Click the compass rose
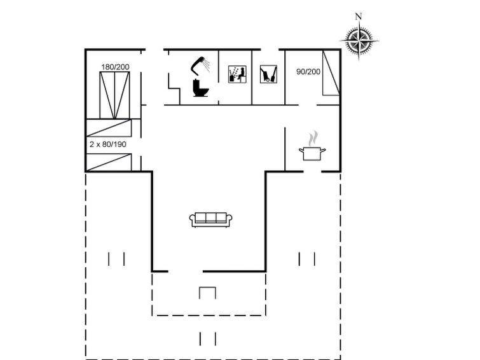pos(359,41)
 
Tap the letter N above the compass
pos(359,17)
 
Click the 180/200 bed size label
pos(115,67)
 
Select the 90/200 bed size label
pos(308,72)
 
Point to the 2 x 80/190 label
pos(107,144)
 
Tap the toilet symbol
pos(200,88)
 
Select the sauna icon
pos(237,74)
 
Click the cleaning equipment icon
pos(268,74)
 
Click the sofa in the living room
pos(210,220)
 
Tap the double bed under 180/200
pos(115,95)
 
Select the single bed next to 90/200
pos(331,73)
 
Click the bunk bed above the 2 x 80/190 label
pos(109,128)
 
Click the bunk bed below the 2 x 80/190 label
pos(109,162)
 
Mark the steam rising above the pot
pos(313,139)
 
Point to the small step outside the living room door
pos(207,293)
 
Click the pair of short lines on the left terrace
pos(116,260)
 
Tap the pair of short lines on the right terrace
pos(307,260)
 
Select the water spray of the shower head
pos(207,66)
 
